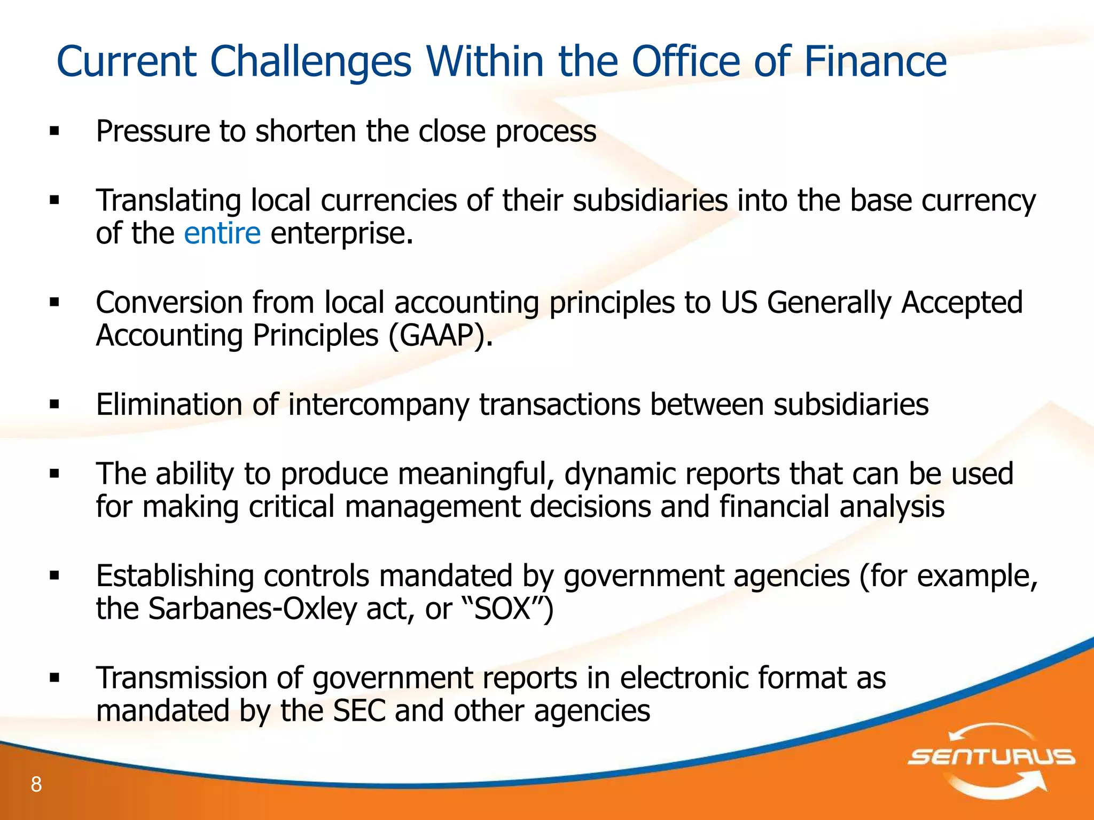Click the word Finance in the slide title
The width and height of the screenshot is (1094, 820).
[874, 61]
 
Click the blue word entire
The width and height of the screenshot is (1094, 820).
[222, 233]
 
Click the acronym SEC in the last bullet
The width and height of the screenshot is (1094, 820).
[359, 711]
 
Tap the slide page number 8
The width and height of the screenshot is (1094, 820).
[36, 784]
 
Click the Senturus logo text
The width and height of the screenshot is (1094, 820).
[991, 757]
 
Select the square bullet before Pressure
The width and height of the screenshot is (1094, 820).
[54, 131]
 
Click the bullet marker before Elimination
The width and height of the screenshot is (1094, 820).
[54, 405]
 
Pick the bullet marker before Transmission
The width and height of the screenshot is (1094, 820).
[54, 678]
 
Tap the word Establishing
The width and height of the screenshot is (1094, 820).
[175, 576]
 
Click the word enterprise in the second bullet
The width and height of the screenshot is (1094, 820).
[342, 234]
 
